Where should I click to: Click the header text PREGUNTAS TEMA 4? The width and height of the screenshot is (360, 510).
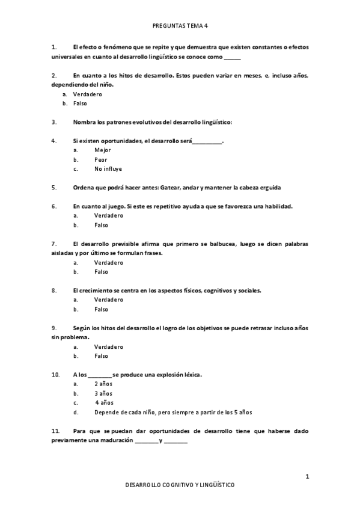(180, 26)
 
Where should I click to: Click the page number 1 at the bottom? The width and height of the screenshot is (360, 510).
(307, 477)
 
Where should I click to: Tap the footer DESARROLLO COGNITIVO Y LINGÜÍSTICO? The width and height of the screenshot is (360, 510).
(180, 485)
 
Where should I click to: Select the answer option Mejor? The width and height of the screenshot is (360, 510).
(102, 150)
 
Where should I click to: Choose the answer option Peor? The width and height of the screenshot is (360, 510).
(100, 159)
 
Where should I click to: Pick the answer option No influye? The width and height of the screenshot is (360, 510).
(108, 169)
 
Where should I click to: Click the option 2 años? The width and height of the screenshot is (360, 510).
(103, 384)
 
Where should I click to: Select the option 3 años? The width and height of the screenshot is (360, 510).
(103, 393)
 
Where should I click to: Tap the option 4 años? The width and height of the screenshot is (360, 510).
(104, 403)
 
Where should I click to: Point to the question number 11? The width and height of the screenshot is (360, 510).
(56, 431)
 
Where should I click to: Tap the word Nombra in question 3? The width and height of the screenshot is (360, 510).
(84, 122)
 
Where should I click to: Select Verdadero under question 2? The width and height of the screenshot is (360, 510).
(87, 94)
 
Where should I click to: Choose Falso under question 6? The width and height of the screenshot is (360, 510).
(101, 225)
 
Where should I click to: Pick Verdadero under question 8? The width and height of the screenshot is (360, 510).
(108, 300)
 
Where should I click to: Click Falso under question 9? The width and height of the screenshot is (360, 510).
(101, 356)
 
